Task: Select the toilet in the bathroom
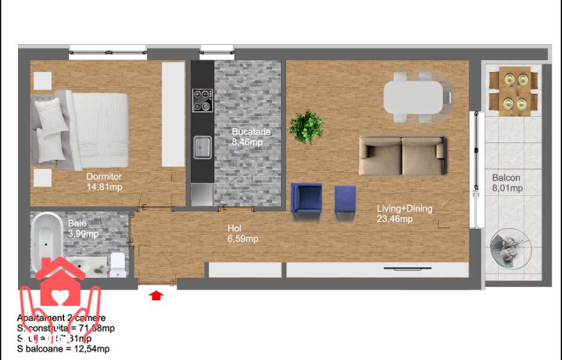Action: click(116, 265)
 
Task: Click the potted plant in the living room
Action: click(307, 126)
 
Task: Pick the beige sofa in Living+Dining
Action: click(402, 156)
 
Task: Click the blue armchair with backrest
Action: click(306, 200)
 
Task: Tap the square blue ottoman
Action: click(345, 201)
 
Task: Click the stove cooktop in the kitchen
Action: click(202, 100)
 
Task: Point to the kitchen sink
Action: click(202, 148)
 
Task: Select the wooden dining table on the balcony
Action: click(514, 91)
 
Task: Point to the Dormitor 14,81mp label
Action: click(104, 182)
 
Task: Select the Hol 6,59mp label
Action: click(242, 233)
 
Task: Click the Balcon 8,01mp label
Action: click(507, 183)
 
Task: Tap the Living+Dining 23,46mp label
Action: click(404, 213)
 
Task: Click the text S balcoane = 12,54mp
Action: click(63, 349)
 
